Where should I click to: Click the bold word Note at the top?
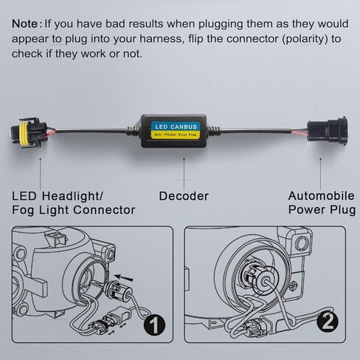[27, 23]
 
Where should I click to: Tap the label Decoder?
[183, 195]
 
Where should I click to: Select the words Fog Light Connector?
[74, 210]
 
